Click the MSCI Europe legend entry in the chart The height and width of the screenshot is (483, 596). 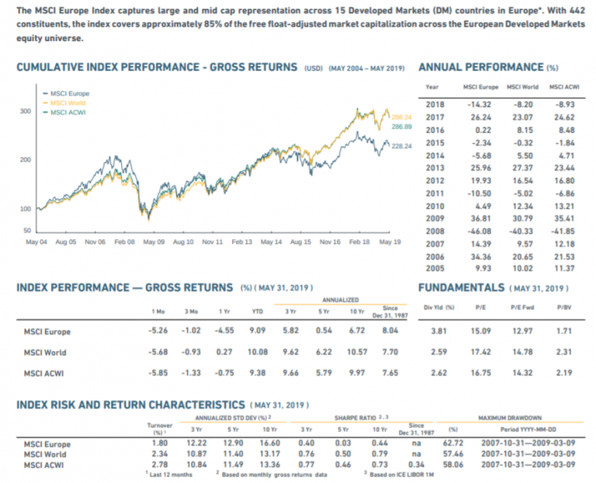[x=69, y=94]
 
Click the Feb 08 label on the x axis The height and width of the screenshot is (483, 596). [x=125, y=242]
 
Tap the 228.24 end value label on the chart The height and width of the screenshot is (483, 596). [x=401, y=145]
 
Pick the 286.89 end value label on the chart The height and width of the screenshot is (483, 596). [x=401, y=126]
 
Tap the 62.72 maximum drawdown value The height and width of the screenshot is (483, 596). [x=452, y=444]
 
